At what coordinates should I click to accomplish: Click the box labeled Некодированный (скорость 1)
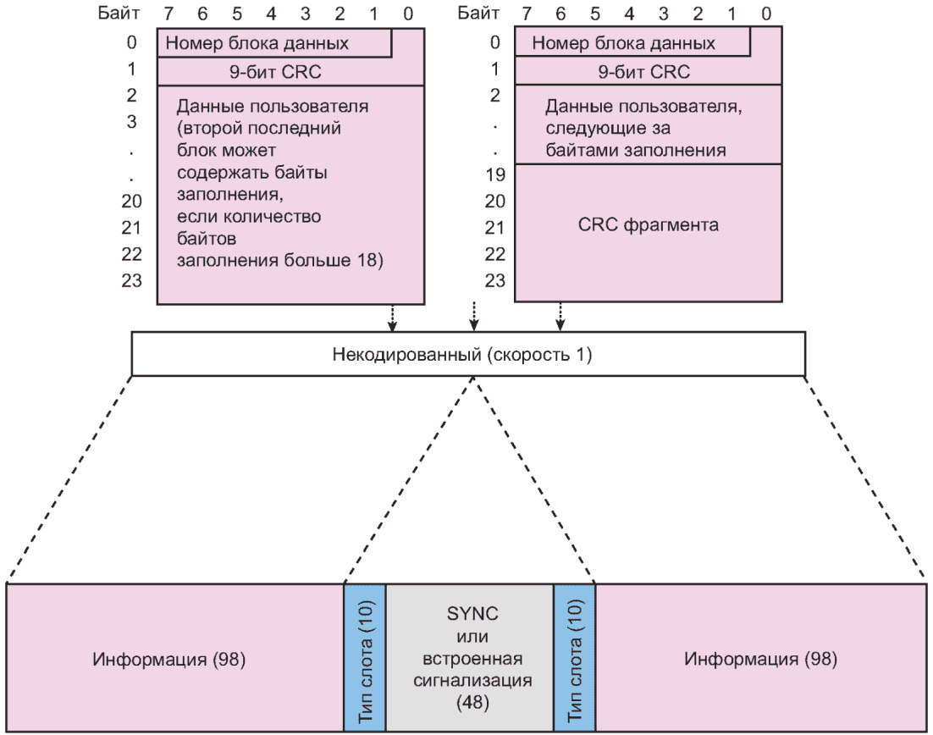point(468,353)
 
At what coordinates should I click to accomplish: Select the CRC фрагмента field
point(648,226)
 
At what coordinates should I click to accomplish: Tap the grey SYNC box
point(469,656)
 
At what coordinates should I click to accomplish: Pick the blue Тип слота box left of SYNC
point(365,656)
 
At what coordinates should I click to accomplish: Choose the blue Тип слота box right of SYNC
point(574,656)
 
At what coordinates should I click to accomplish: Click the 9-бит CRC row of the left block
point(290,72)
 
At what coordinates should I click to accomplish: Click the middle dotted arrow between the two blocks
point(474,315)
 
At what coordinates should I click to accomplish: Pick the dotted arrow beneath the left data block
point(392,316)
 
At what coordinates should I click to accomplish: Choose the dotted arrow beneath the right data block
point(559,316)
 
